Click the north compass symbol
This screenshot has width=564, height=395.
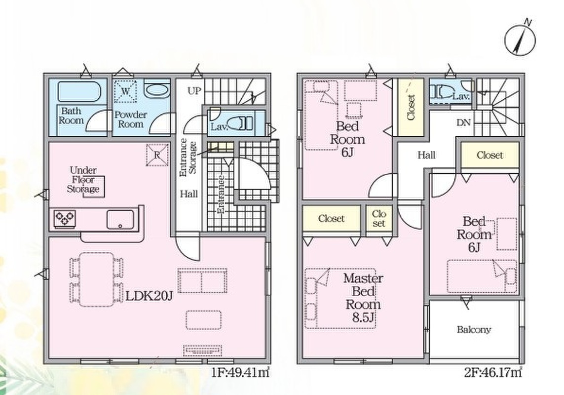click(520, 39)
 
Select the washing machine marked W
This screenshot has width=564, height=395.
click(125, 91)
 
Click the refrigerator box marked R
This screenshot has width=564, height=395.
click(157, 155)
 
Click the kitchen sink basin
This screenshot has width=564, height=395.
click(120, 219)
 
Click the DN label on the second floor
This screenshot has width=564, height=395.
click(463, 123)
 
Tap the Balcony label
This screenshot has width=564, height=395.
click(474, 329)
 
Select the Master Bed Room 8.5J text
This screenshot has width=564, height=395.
click(363, 298)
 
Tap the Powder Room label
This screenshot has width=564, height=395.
click(131, 119)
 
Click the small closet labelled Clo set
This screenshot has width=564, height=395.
click(379, 219)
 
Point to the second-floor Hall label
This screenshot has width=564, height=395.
click(426, 155)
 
